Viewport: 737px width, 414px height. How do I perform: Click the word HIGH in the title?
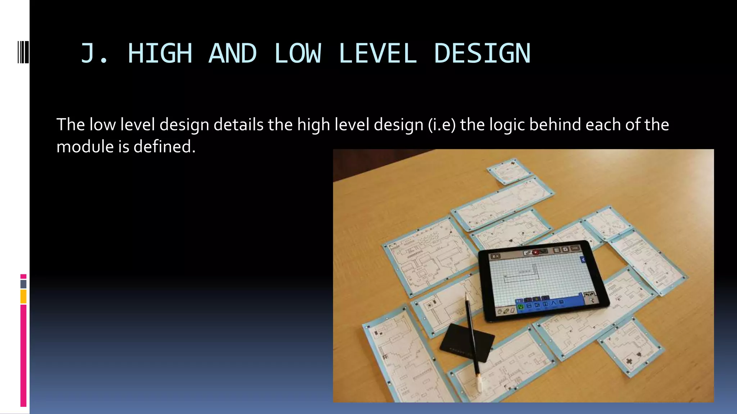coord(160,54)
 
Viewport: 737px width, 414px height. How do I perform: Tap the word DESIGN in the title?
coord(482,54)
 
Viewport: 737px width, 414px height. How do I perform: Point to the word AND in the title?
coord(232,54)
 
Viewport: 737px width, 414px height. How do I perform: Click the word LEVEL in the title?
coord(377,54)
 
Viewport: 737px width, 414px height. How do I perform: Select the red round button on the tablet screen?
coord(535,252)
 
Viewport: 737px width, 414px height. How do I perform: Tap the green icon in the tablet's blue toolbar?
coord(520,307)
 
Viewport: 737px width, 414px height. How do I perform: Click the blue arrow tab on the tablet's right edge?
coord(583,260)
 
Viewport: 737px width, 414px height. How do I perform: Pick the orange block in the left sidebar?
coord(23,297)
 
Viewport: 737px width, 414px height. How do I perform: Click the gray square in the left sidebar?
coord(23,284)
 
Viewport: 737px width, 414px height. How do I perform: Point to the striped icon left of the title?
coord(23,52)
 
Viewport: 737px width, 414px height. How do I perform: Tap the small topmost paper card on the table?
coord(510,171)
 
